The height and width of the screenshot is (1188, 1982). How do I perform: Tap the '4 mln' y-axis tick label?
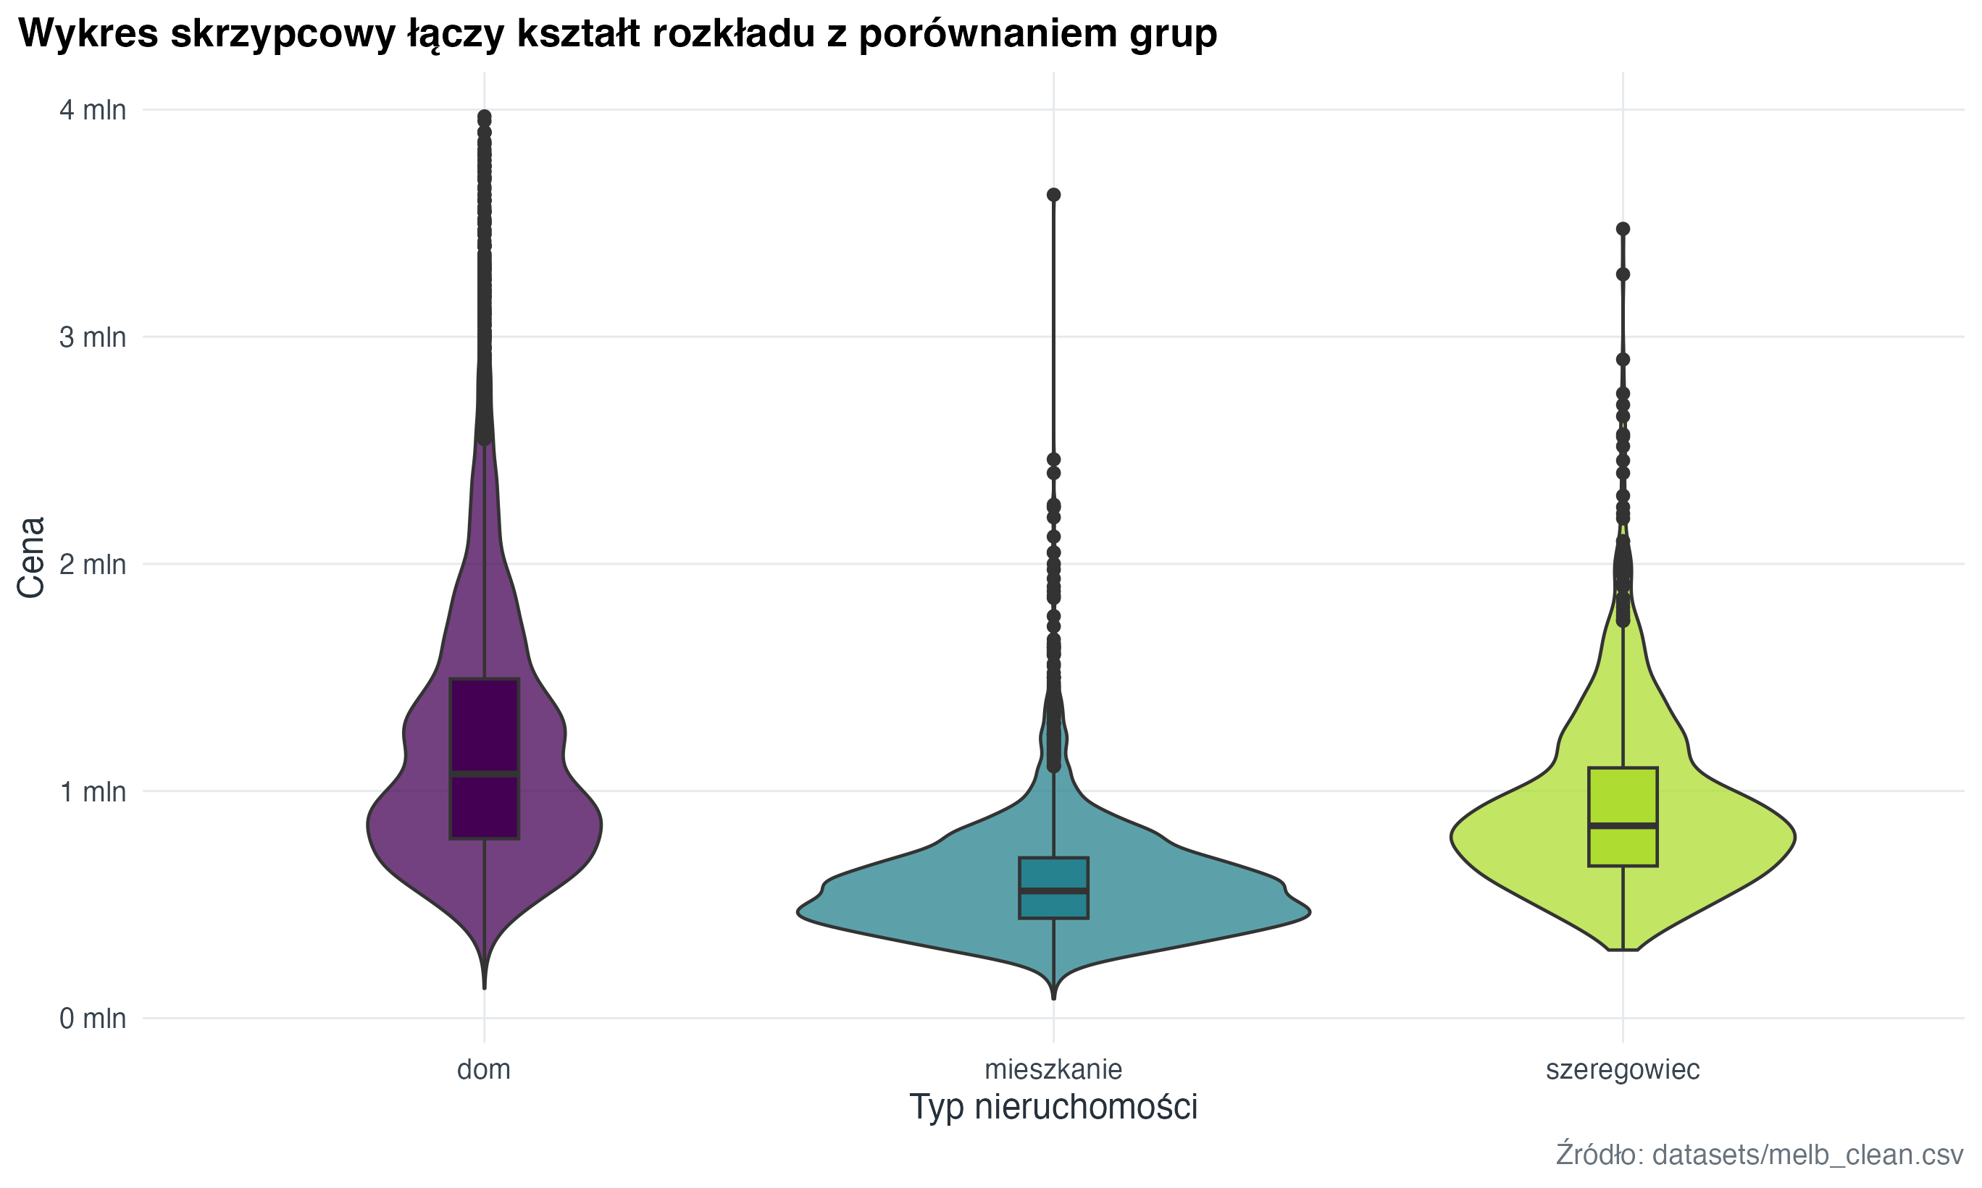click(93, 109)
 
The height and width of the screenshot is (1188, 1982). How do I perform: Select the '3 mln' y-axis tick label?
click(93, 337)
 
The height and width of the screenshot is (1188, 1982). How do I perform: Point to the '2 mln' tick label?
click(93, 565)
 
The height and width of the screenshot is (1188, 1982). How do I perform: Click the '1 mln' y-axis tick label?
click(93, 792)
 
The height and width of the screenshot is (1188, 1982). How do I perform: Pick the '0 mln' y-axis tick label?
click(93, 1019)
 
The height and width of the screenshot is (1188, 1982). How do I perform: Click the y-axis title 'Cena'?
click(32, 557)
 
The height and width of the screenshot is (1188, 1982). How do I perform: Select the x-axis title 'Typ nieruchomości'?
click(1053, 1107)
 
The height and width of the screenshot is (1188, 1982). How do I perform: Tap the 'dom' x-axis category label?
click(484, 1069)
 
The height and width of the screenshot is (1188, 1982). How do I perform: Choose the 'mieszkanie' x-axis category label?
click(1053, 1069)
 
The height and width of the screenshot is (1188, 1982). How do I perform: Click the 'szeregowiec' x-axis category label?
click(1623, 1069)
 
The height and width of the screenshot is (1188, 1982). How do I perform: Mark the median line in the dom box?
click(485, 774)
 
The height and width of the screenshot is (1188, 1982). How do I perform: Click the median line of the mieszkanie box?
click(1053, 890)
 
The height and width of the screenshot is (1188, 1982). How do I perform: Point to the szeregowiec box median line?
click(1623, 825)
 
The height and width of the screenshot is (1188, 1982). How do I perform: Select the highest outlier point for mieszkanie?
click(1054, 195)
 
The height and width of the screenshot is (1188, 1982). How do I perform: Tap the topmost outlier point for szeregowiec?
click(1623, 229)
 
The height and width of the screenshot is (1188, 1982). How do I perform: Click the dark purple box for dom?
click(485, 720)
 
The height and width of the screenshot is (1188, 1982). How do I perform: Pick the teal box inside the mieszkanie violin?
click(1053, 872)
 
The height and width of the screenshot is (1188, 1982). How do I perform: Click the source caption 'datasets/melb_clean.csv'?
click(1807, 1155)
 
